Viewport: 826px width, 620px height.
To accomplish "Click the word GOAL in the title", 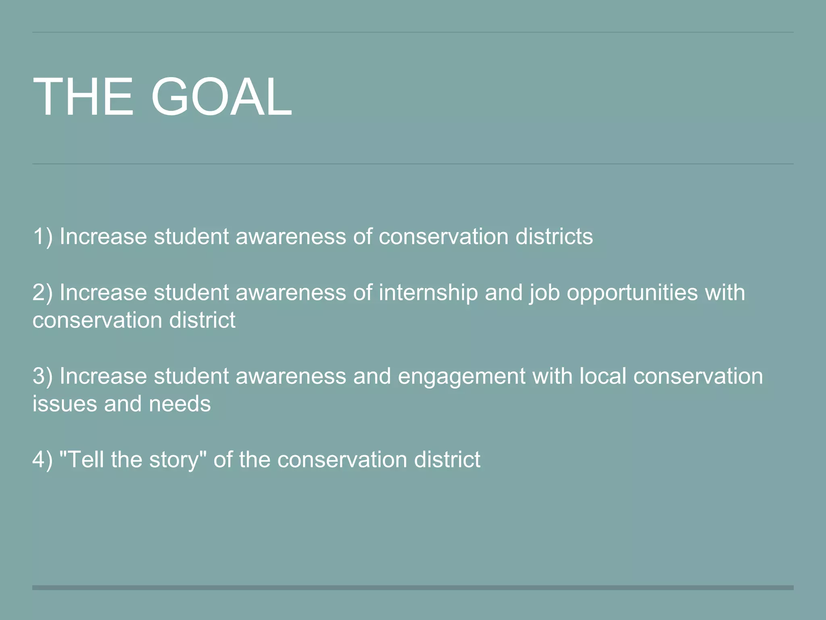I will click(x=221, y=97).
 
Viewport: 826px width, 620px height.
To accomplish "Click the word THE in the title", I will click(x=83, y=97).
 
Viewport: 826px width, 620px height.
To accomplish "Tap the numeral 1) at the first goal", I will click(x=42, y=237).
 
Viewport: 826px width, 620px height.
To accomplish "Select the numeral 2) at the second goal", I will click(x=42, y=293).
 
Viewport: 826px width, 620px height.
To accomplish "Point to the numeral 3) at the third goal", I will click(x=42, y=376).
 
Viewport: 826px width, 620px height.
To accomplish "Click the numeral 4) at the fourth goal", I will click(x=42, y=460).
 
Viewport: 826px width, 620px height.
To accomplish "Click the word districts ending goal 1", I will click(x=554, y=237).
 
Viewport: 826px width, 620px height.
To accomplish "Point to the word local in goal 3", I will click(x=603, y=376).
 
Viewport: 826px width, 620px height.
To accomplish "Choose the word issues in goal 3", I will click(x=65, y=404).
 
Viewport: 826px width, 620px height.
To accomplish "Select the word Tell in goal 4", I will click(x=87, y=460).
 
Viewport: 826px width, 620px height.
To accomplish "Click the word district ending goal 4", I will click(x=447, y=460).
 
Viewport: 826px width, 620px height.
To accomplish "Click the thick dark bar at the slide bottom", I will click(x=413, y=588).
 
